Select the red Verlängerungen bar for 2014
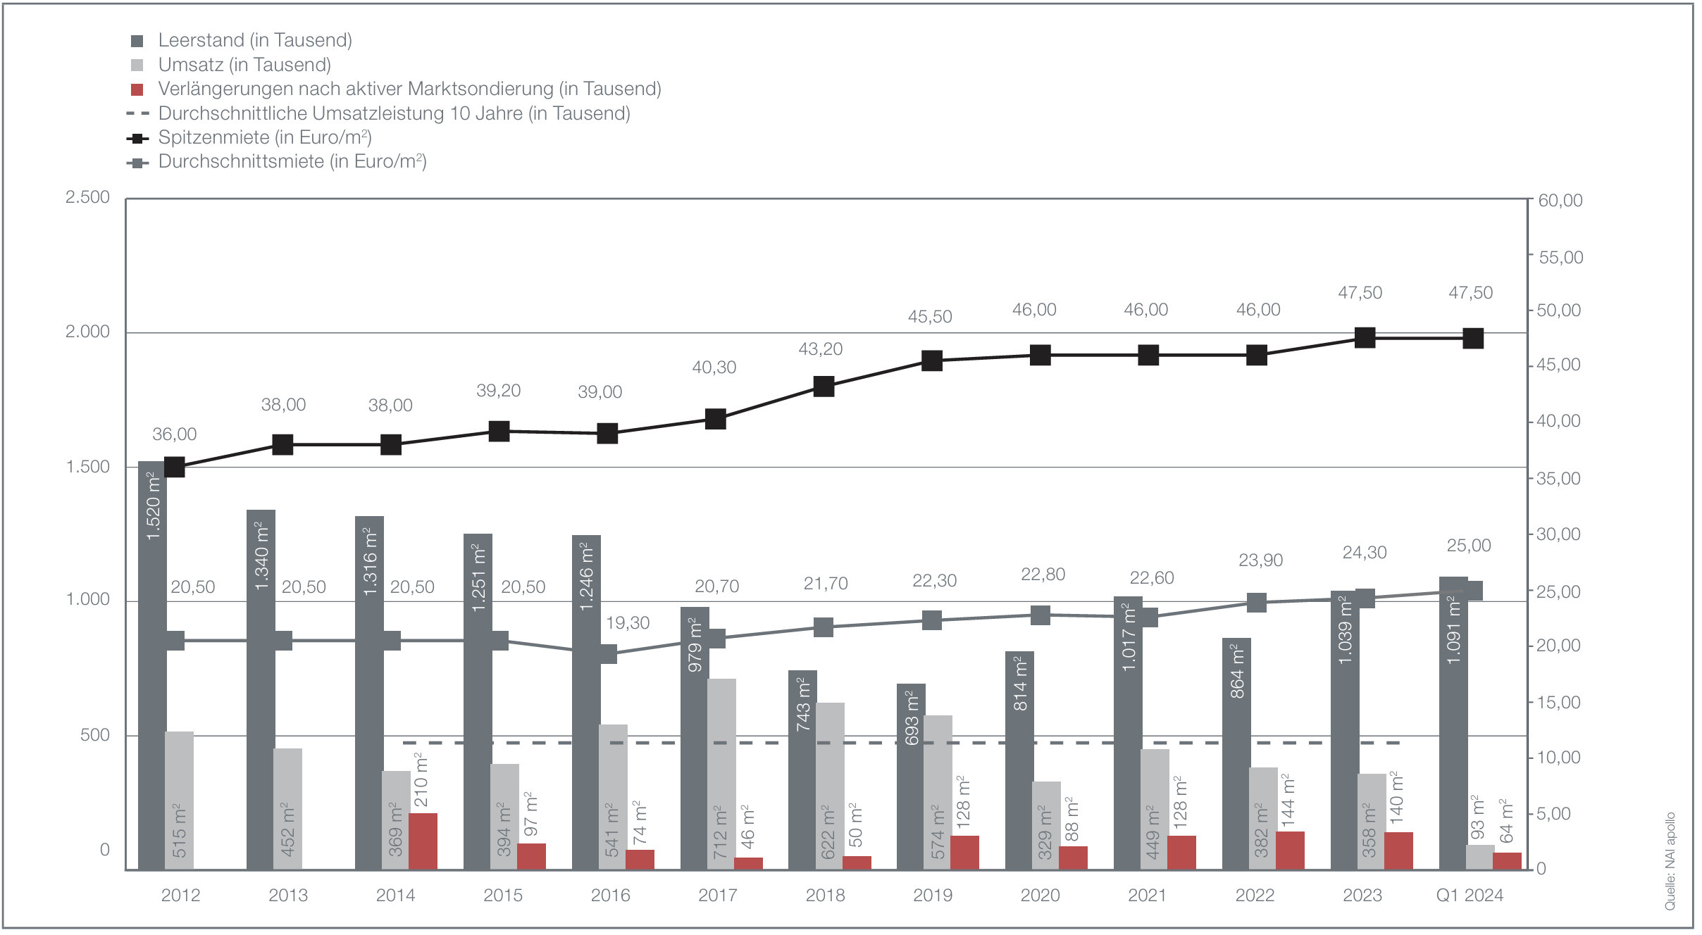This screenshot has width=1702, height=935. click(x=423, y=841)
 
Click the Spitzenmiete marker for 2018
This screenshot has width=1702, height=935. click(x=824, y=387)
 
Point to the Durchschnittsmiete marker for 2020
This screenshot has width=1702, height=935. click(x=1041, y=615)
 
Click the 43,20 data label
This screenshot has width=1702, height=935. click(x=820, y=349)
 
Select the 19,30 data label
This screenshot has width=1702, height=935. click(x=628, y=623)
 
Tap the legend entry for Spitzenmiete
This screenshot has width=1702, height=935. click(x=265, y=137)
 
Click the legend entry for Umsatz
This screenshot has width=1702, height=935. click(x=244, y=65)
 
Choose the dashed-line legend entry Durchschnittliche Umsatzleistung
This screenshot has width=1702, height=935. click(x=394, y=113)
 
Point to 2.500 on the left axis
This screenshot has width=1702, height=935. click(x=87, y=197)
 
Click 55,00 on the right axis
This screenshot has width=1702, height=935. click(x=1560, y=257)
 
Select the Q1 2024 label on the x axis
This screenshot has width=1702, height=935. click(x=1470, y=896)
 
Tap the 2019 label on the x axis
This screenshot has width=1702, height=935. click(x=933, y=896)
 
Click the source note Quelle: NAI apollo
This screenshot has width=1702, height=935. click(x=1670, y=862)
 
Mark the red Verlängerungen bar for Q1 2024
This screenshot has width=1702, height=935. click(x=1507, y=861)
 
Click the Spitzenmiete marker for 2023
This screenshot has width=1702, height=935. click(x=1365, y=338)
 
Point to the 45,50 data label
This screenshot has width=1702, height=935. click(x=930, y=317)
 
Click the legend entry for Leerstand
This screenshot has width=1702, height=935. click(x=254, y=40)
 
